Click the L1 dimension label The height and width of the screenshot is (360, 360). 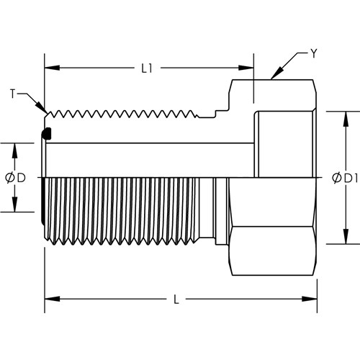click(147, 68)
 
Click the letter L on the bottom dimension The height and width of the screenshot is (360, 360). click(176, 300)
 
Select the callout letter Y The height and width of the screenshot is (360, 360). click(314, 53)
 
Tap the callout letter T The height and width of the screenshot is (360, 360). click(13, 94)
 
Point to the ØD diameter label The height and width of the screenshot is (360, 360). click(15, 178)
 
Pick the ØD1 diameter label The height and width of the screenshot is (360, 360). click(345, 178)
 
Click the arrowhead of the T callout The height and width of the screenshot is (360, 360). click(41, 107)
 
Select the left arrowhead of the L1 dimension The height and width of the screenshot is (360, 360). click(52, 68)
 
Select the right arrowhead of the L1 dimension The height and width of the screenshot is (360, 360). click(246, 68)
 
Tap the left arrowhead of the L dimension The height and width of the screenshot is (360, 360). click(52, 299)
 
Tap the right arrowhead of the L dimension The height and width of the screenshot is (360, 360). click(310, 299)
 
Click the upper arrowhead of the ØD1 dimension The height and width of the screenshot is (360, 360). click(346, 119)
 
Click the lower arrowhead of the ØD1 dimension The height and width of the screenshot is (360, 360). click(346, 237)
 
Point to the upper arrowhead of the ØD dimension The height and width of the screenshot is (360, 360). click(15, 150)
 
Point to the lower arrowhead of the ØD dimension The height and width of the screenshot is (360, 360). click(15, 204)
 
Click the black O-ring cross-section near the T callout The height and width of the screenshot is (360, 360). click(46, 134)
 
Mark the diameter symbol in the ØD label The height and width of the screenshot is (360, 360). click(10, 178)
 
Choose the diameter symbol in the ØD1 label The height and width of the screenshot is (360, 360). click(337, 178)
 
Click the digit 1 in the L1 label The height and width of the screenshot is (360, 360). click(150, 68)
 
